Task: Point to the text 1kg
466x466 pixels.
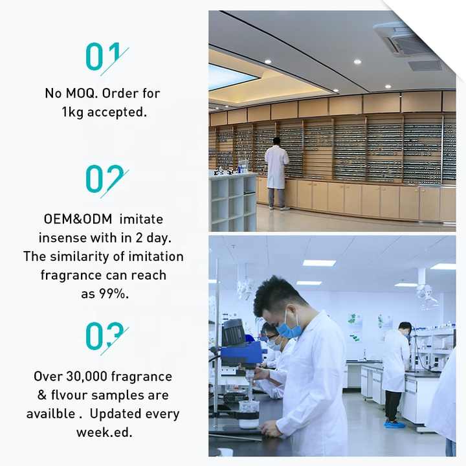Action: [72, 112]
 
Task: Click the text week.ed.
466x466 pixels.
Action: [104, 432]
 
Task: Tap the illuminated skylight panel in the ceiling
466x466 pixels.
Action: [229, 76]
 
